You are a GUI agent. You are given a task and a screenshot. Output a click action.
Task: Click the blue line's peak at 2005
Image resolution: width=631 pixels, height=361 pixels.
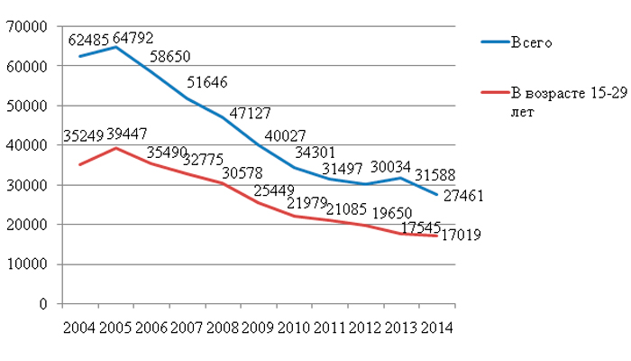click(114, 47)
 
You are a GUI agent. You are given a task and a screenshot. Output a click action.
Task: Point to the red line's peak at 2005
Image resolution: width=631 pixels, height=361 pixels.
click(114, 148)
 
